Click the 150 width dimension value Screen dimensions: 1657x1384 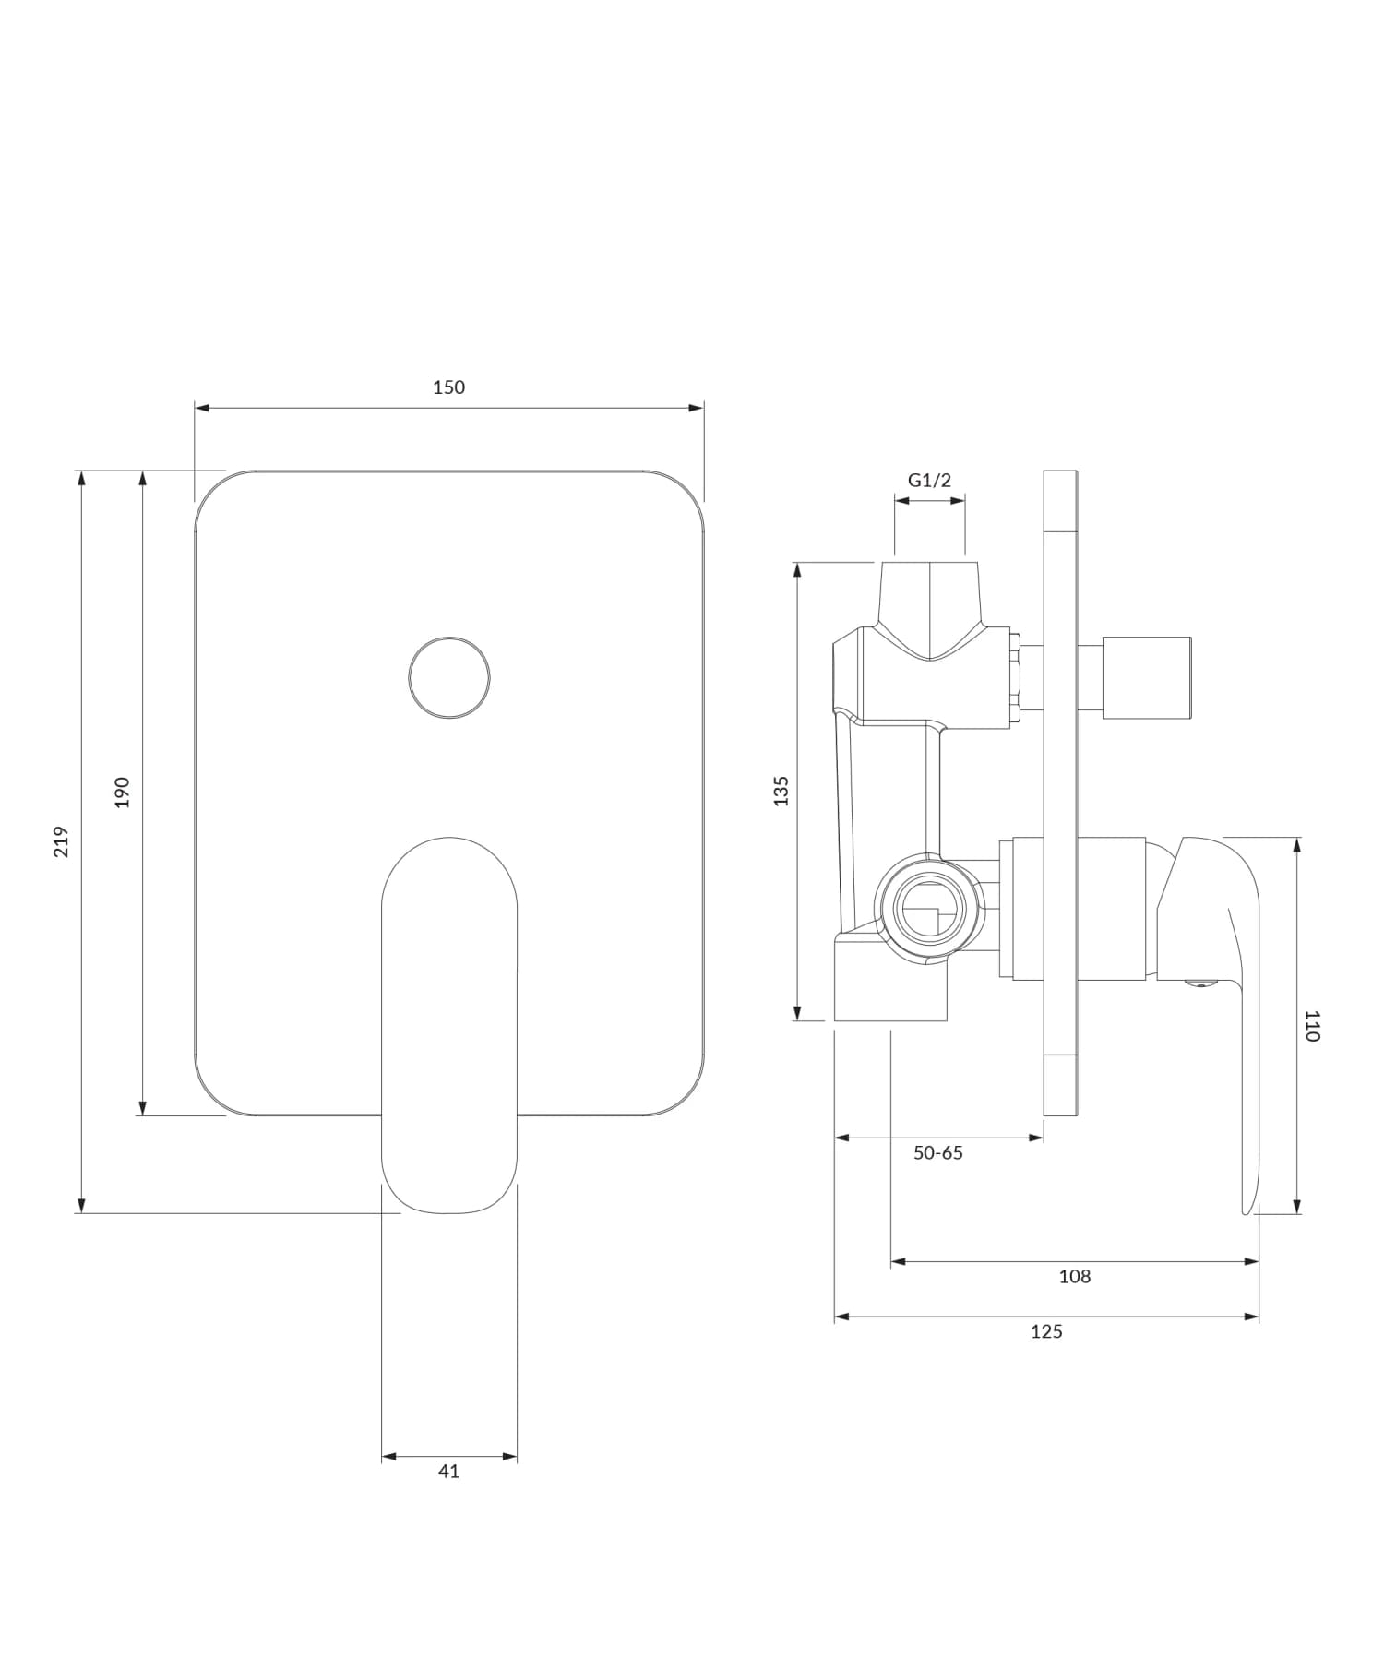click(x=449, y=387)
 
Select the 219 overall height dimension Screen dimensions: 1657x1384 click(x=61, y=841)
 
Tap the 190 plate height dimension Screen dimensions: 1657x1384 click(x=122, y=792)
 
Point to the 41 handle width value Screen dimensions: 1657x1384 click(x=448, y=1472)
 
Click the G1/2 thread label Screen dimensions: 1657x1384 click(x=929, y=480)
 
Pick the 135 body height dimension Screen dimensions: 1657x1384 click(x=781, y=791)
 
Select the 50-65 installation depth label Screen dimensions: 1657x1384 click(x=937, y=1153)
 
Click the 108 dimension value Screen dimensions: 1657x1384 click(x=1074, y=1277)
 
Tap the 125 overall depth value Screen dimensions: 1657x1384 click(x=1046, y=1332)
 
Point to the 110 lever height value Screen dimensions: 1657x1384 click(x=1312, y=1026)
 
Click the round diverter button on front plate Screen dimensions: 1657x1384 click(x=449, y=677)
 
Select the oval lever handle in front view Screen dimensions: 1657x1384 click(x=449, y=1024)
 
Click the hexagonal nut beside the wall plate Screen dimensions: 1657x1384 click(x=1014, y=677)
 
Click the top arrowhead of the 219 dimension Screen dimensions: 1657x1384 click(x=81, y=478)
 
